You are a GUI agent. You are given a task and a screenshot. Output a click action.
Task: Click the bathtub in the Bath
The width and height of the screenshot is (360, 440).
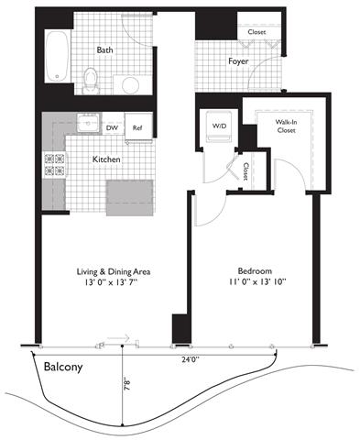click(x=58, y=56)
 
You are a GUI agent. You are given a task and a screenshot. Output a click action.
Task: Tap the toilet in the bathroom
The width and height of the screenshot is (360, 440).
click(x=91, y=81)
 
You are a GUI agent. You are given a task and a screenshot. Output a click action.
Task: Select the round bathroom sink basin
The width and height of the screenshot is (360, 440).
click(x=130, y=85)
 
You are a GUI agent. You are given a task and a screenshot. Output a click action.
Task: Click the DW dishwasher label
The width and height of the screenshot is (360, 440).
click(x=113, y=127)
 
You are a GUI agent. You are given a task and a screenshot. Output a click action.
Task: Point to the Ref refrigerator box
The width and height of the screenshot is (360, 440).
click(x=138, y=126)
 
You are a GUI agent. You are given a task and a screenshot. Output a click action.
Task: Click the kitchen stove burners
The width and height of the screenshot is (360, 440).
click(x=55, y=165)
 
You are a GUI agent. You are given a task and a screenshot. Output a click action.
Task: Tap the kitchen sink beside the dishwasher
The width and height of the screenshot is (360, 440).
click(x=89, y=123)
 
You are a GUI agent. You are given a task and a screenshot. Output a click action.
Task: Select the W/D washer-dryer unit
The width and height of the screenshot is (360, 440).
click(x=219, y=126)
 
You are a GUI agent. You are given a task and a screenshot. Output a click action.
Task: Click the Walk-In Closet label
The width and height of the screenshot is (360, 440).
click(x=286, y=126)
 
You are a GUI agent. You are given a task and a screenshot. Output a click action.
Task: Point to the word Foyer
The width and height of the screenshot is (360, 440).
click(x=238, y=61)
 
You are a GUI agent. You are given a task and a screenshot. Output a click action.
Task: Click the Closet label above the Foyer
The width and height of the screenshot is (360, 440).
click(x=256, y=32)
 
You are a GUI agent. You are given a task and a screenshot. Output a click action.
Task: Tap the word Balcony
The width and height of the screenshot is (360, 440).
click(x=63, y=367)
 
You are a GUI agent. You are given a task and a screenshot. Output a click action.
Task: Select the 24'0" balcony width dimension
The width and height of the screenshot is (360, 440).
click(x=191, y=359)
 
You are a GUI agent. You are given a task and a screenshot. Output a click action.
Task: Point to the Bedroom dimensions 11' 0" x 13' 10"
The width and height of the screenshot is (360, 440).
click(x=257, y=281)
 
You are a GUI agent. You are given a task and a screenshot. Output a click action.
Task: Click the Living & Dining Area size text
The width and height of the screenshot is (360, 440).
click(x=112, y=282)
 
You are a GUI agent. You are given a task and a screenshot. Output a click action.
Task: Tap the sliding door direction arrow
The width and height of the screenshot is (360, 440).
click(x=119, y=338)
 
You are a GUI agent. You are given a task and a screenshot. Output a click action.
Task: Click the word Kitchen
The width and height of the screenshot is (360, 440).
click(x=106, y=159)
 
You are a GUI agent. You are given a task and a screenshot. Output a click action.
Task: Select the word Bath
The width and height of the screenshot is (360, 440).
click(x=104, y=49)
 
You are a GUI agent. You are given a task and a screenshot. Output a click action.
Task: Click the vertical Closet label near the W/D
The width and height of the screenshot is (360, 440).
click(x=245, y=171)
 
